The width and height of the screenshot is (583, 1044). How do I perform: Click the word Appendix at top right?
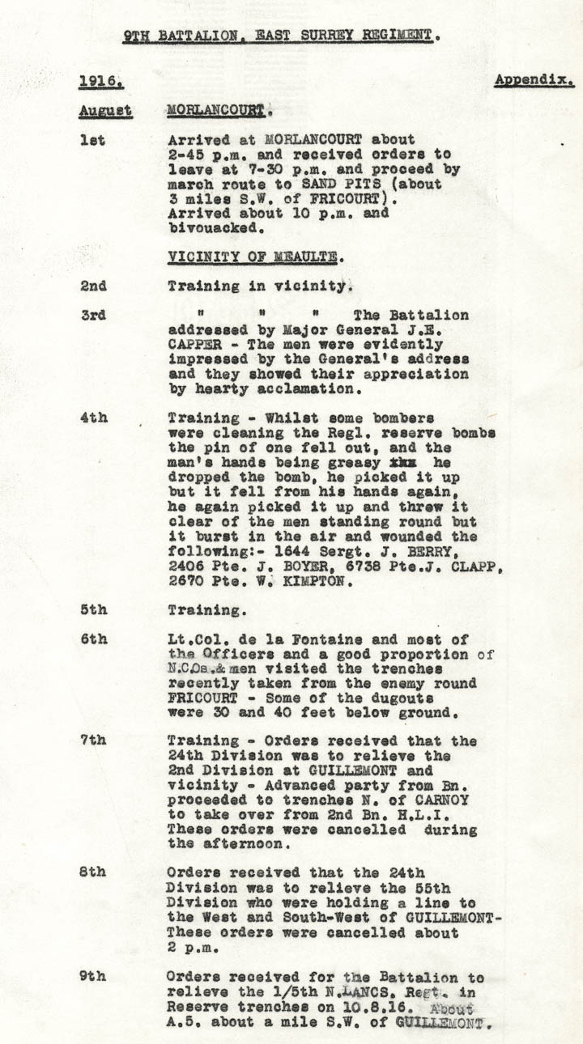(534, 80)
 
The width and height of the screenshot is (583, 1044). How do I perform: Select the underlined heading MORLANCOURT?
(216, 109)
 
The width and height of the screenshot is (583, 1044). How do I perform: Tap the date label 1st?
(93, 139)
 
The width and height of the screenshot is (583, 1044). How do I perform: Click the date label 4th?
(93, 418)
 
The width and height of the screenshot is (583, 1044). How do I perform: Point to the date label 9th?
(93, 976)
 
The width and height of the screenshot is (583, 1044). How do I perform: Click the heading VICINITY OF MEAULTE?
(253, 257)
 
